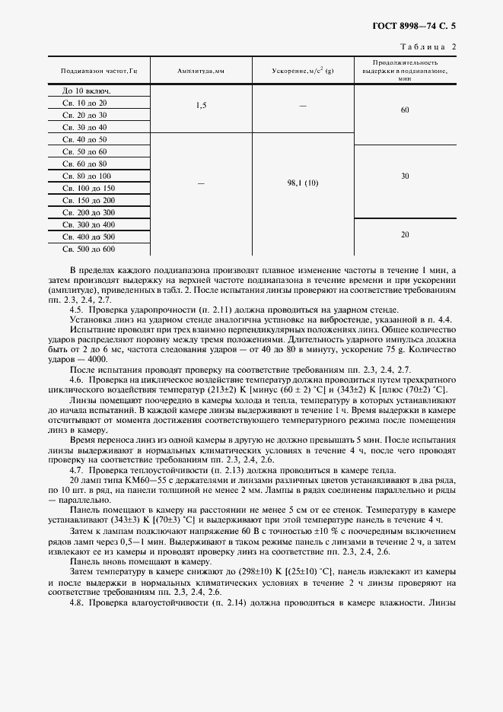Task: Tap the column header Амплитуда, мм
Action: click(200, 71)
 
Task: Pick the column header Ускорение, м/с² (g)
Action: click(302, 71)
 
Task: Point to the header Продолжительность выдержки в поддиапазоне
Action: click(404, 71)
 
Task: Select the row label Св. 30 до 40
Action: click(84, 127)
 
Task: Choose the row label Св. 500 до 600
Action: click(88, 249)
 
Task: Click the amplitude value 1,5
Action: click(200, 106)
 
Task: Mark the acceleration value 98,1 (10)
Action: click(302, 183)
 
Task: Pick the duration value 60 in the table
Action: click(405, 110)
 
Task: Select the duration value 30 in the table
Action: click(405, 176)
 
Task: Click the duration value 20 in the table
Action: click(405, 234)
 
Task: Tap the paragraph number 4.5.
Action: click(76, 310)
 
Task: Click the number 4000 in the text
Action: click(97, 359)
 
